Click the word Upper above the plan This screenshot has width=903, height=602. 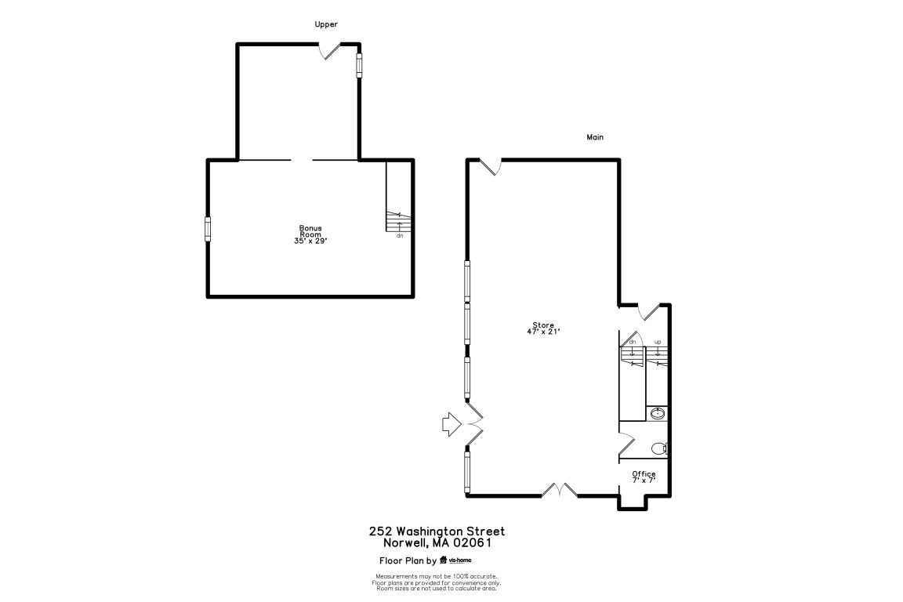[x=326, y=24]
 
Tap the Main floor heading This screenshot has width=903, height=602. [x=595, y=137]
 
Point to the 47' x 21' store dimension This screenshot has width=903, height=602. [x=543, y=332]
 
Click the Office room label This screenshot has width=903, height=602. [x=644, y=474]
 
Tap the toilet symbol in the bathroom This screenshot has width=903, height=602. [x=660, y=449]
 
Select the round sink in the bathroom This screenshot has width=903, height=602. [x=657, y=413]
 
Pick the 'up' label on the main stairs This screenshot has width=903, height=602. [x=658, y=342]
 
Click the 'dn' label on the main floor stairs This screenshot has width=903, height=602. [x=632, y=342]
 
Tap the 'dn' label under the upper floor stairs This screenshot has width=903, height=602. [x=399, y=235]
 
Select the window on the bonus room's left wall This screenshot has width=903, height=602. [x=209, y=230]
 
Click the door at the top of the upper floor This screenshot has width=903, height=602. [x=329, y=51]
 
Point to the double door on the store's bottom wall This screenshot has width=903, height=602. [x=560, y=491]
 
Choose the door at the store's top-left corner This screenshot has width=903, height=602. [x=491, y=166]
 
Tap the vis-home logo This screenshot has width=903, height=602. [x=458, y=560]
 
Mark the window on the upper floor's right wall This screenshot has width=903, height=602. [x=360, y=65]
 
